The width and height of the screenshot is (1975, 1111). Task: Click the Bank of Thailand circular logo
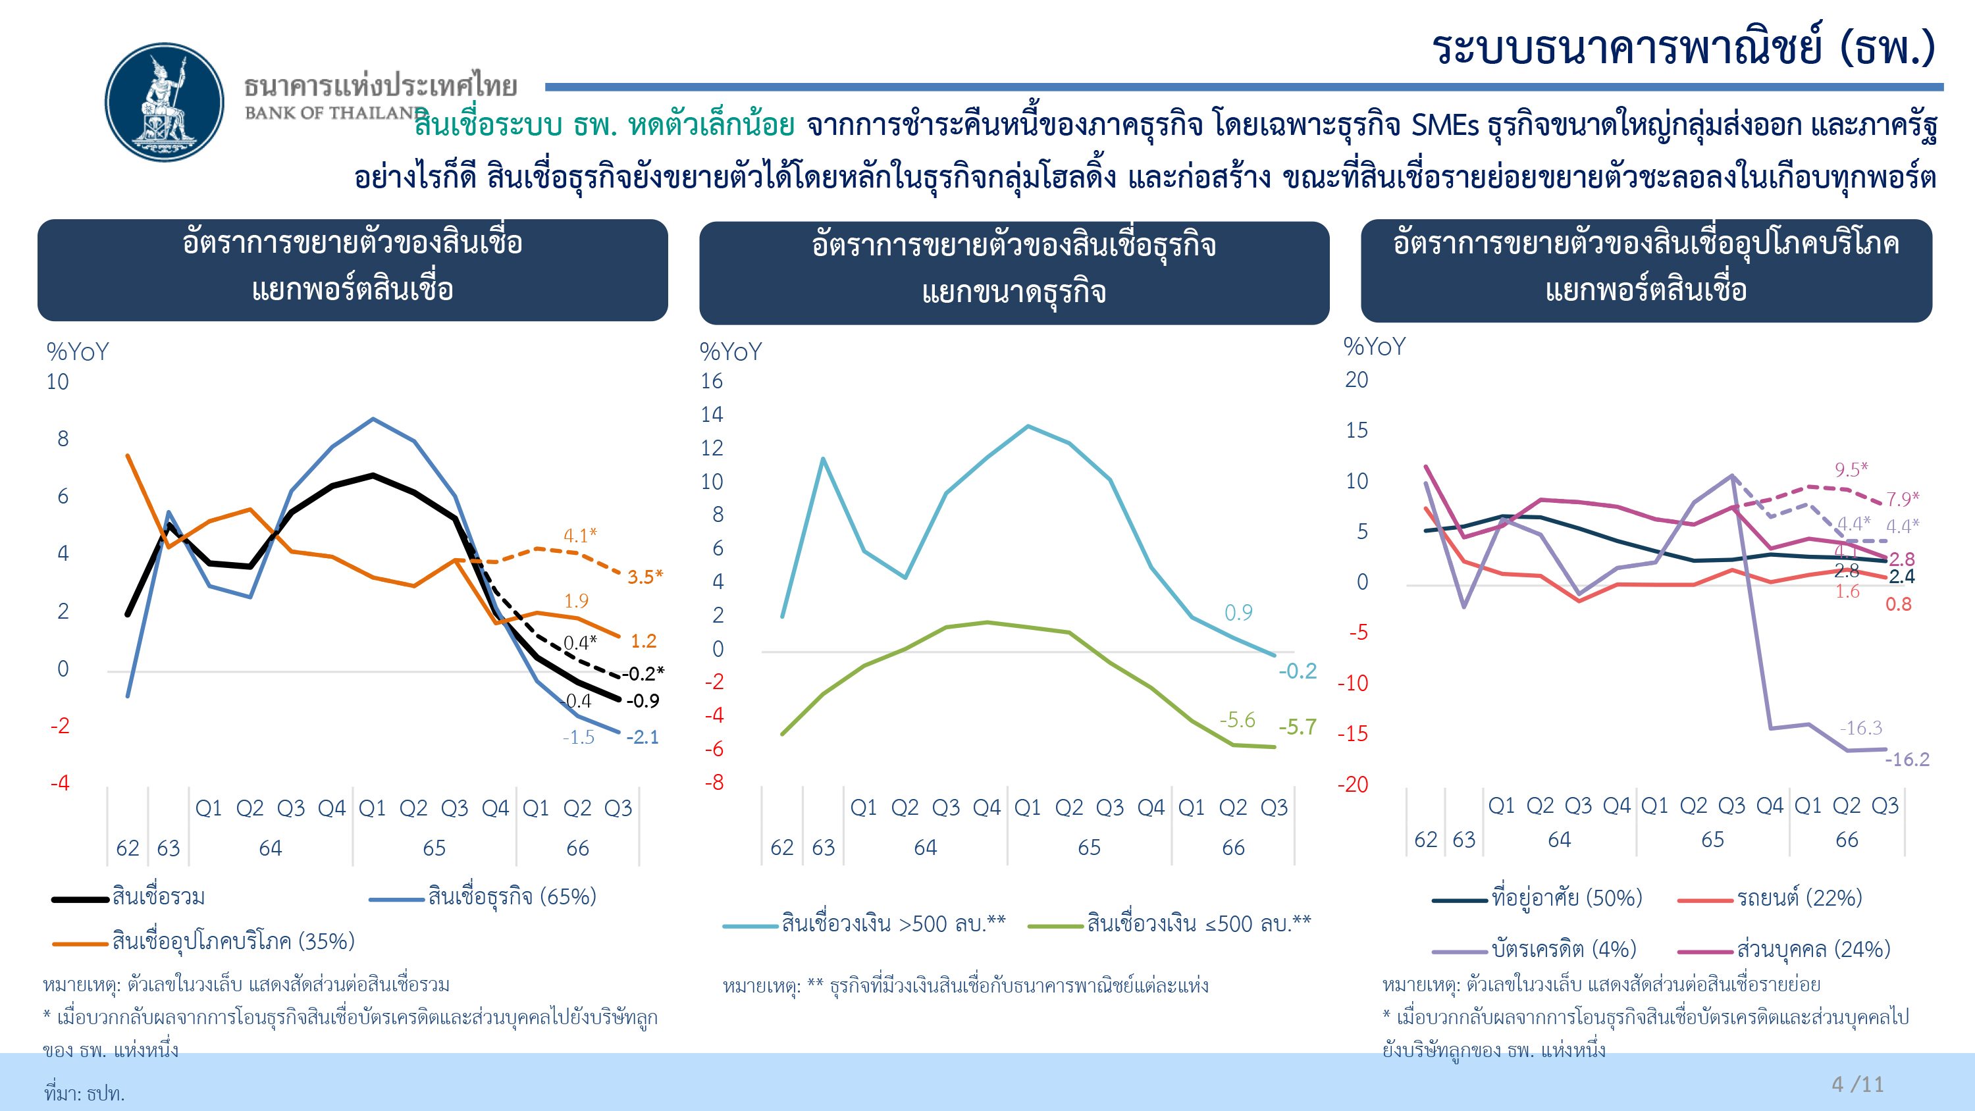pyautogui.click(x=164, y=102)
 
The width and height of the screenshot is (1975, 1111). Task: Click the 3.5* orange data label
pyautogui.click(x=645, y=577)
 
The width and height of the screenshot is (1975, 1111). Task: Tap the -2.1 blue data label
pyautogui.click(x=643, y=738)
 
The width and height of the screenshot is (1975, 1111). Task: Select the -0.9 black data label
pyautogui.click(x=643, y=701)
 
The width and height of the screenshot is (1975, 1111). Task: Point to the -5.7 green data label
pyautogui.click(x=1297, y=727)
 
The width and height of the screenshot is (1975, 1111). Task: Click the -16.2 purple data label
pyautogui.click(x=1907, y=760)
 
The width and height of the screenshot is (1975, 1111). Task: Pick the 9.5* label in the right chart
pyautogui.click(x=1851, y=469)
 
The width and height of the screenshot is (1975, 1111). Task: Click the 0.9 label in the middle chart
pyautogui.click(x=1238, y=613)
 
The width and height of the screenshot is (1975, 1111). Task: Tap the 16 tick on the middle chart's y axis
pyautogui.click(x=712, y=381)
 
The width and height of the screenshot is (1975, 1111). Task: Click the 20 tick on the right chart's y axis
pyautogui.click(x=1356, y=380)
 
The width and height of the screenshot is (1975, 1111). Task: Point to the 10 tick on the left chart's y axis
pyautogui.click(x=57, y=382)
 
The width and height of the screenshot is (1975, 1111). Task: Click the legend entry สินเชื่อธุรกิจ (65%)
pyautogui.click(x=512, y=897)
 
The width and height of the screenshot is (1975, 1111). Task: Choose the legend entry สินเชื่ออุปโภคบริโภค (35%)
pyautogui.click(x=233, y=942)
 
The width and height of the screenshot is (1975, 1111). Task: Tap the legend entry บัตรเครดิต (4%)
pyautogui.click(x=1564, y=949)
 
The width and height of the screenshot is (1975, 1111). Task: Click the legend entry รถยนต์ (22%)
pyautogui.click(x=1799, y=898)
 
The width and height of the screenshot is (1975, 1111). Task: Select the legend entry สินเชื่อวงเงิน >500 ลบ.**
pyautogui.click(x=893, y=924)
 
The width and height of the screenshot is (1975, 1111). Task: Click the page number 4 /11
pyautogui.click(x=1857, y=1084)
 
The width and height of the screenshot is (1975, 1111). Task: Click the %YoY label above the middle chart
pyautogui.click(x=731, y=352)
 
